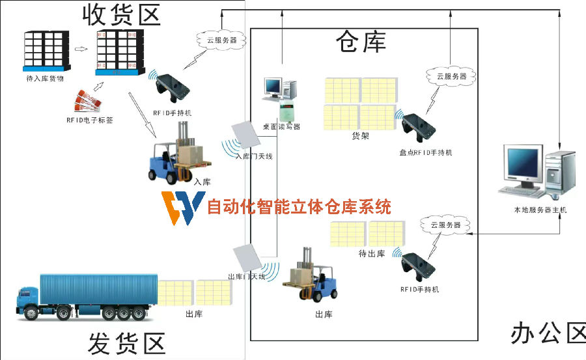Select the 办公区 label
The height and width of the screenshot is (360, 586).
[x=548, y=333]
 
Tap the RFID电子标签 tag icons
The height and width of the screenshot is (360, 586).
[x=91, y=102]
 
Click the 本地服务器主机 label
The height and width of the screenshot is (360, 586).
[x=540, y=210]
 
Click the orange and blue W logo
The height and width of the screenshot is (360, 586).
[x=182, y=208]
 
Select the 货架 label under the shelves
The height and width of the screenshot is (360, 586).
[x=361, y=136]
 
